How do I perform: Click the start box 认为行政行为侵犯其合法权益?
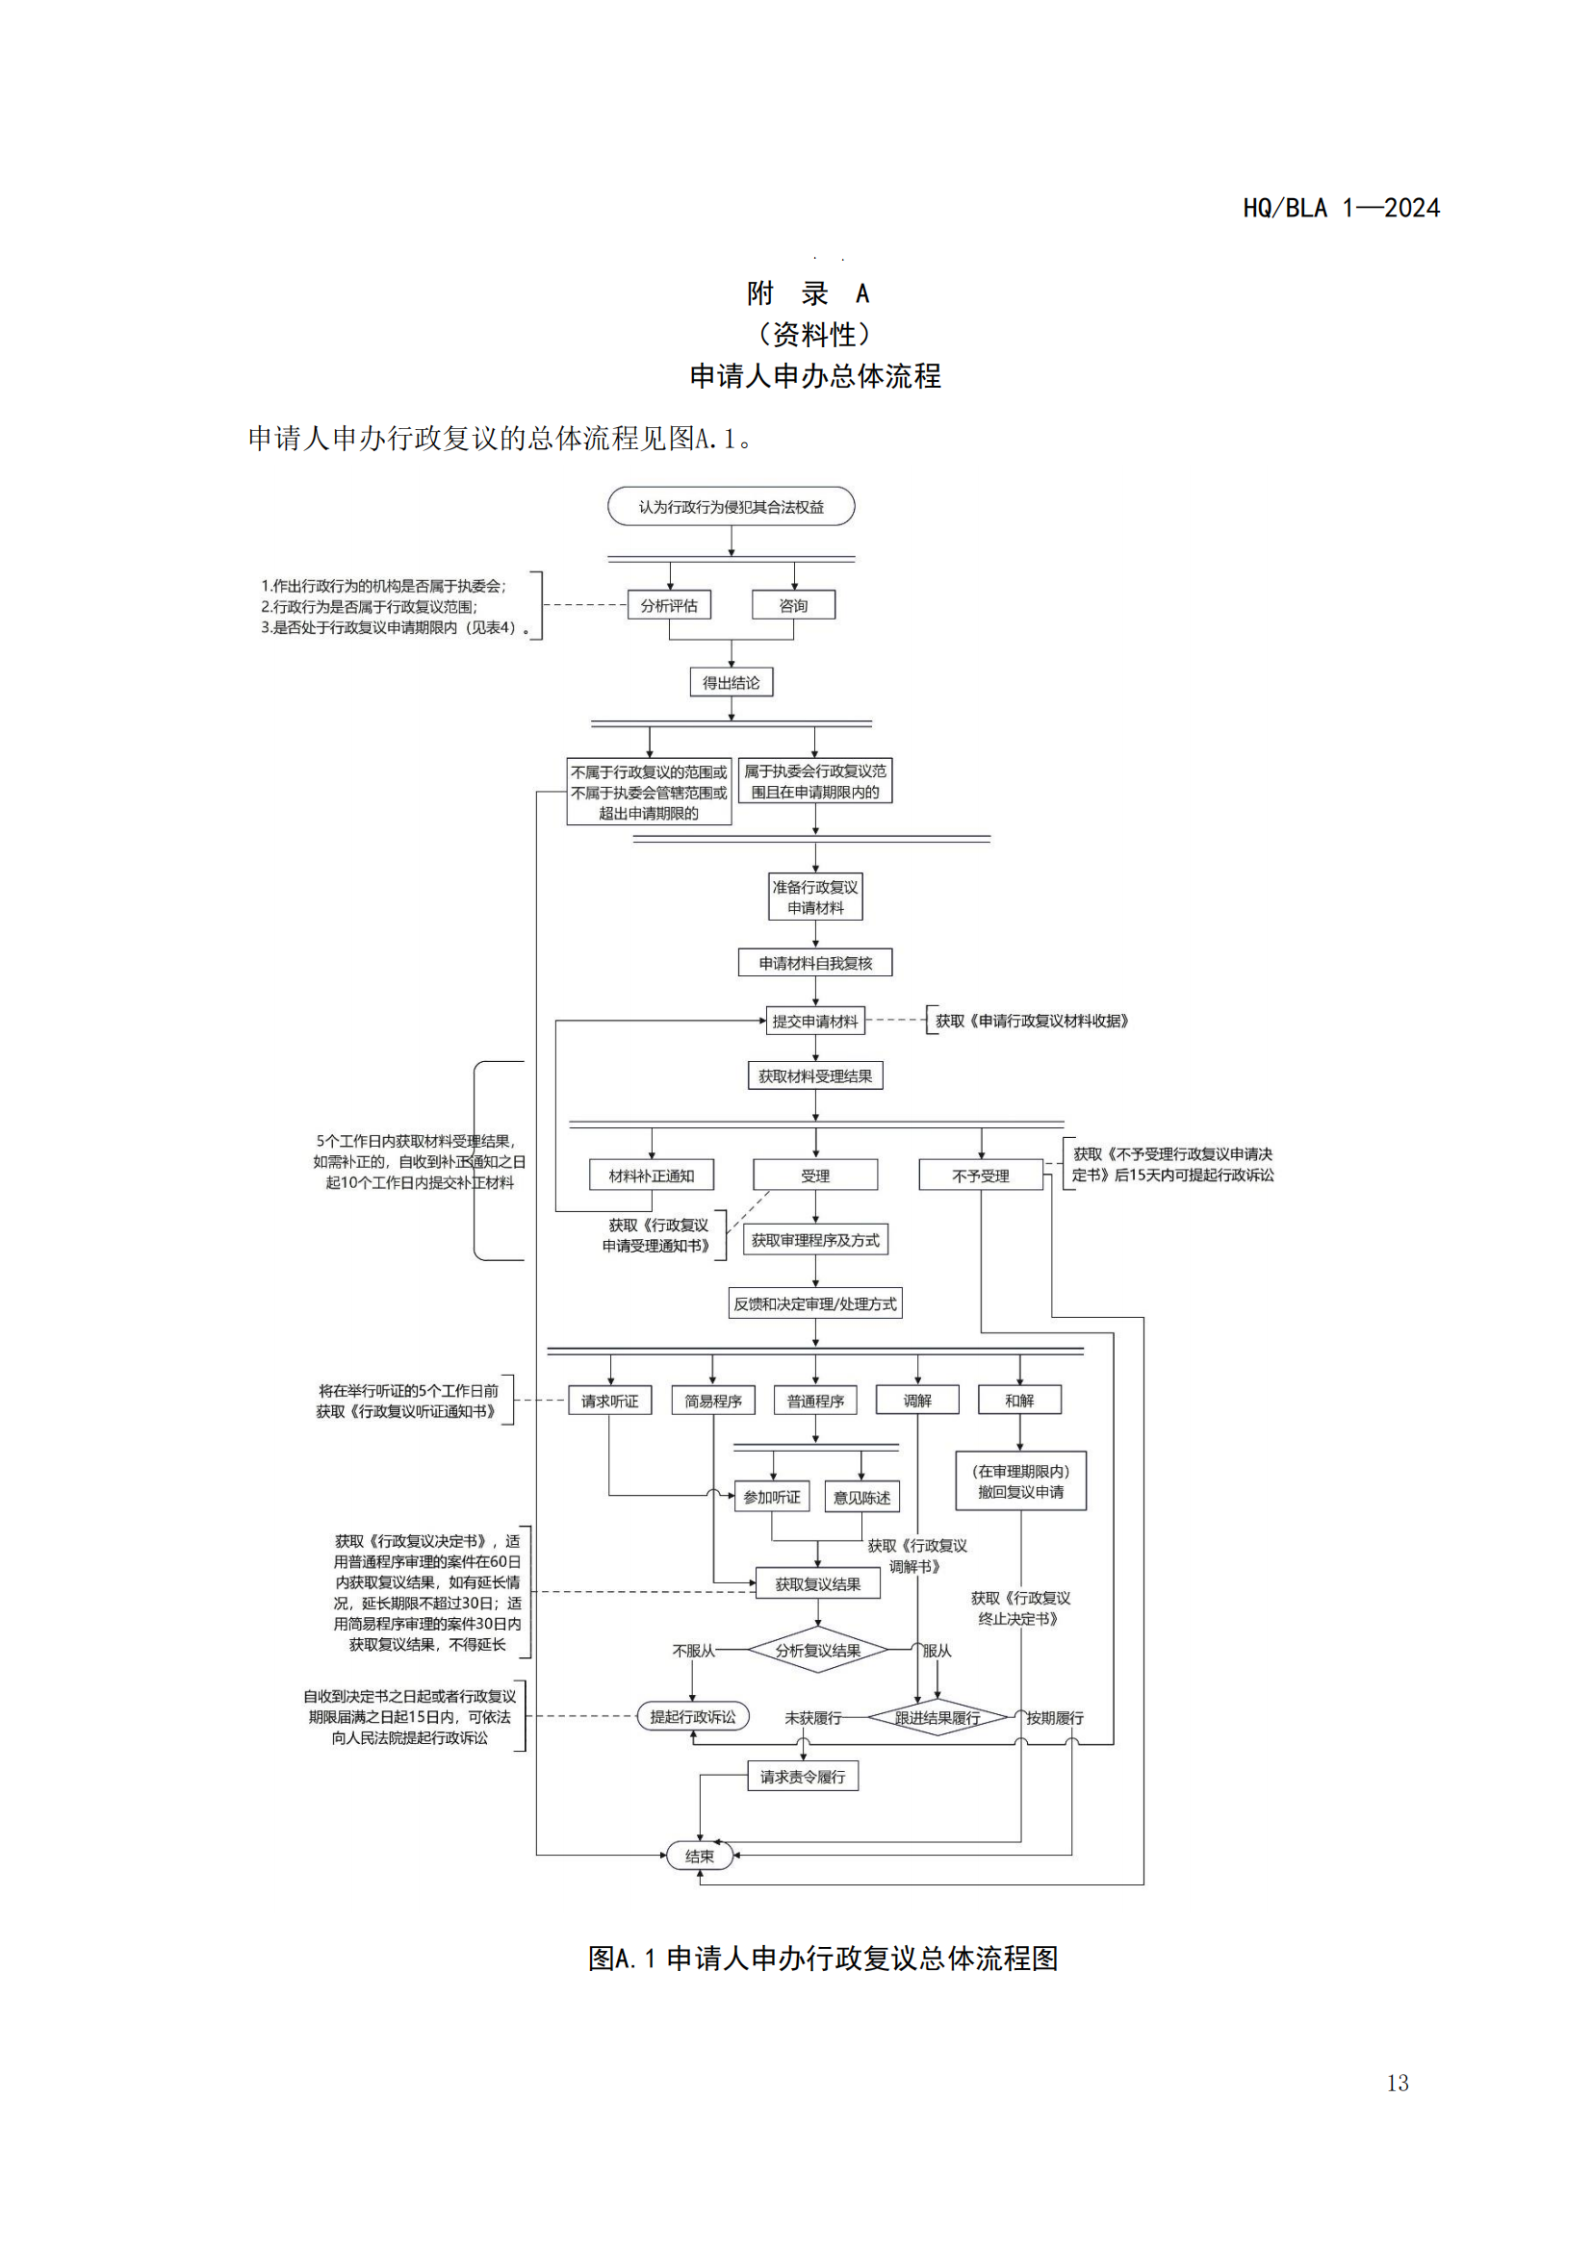coord(731,507)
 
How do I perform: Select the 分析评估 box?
coord(669,606)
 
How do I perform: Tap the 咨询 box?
coord(793,606)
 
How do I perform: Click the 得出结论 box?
coord(731,682)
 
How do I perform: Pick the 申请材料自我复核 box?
coord(814,962)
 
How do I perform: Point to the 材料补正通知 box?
coord(651,1175)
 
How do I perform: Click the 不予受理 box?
coord(980,1175)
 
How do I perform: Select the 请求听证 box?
coord(609,1401)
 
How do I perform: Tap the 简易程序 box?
coord(712,1401)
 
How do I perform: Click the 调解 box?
coord(917,1401)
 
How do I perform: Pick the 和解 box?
coord(1019,1401)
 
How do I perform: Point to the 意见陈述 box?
coord(861,1497)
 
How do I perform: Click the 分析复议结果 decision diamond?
coord(817,1651)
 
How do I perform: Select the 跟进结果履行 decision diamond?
coord(937,1718)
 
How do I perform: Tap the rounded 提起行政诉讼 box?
coord(693,1717)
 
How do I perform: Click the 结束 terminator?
coord(699,1856)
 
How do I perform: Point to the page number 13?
coord(1398,2084)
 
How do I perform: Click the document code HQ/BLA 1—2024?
coord(1341,208)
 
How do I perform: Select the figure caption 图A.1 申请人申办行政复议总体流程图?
coord(822,1958)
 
